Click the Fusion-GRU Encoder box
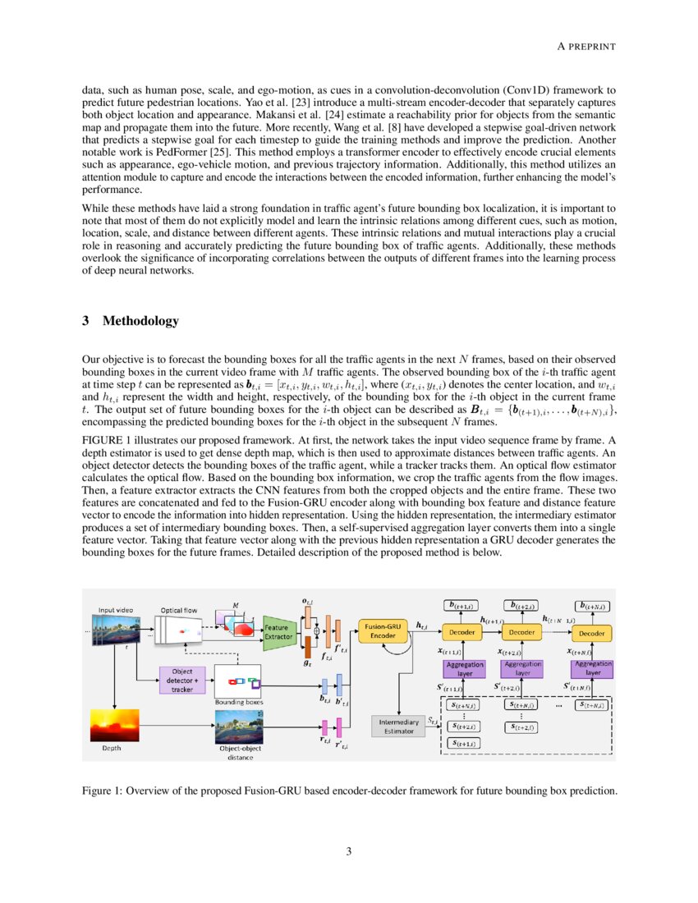382,631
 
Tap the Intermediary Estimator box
398,726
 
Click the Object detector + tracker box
182,680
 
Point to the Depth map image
114,727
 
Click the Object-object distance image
239,727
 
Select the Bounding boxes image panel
237,681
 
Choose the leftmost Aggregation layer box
465,668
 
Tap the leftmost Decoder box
465,633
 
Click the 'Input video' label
118,610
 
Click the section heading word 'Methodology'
140,321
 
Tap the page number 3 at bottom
349,851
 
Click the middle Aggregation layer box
523,668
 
